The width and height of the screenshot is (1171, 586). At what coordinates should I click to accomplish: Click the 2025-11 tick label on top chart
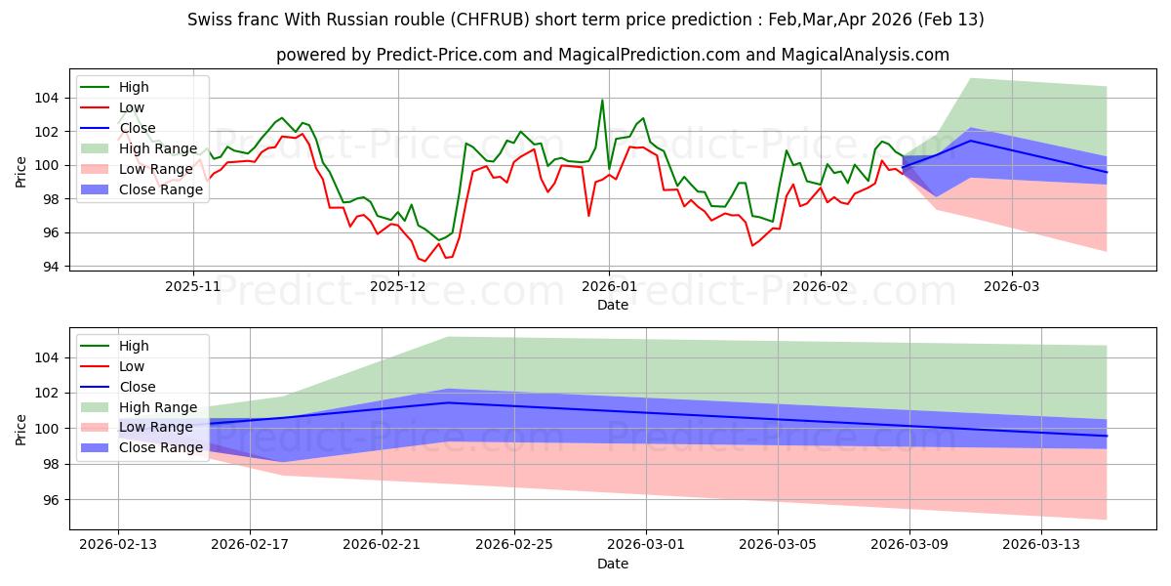193,287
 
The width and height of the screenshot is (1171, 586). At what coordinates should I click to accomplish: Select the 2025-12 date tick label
398,287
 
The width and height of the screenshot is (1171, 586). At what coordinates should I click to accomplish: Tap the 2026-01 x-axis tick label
609,287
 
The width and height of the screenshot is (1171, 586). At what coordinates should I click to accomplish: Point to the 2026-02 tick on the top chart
820,287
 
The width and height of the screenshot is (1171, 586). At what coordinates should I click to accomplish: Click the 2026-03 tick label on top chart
1011,287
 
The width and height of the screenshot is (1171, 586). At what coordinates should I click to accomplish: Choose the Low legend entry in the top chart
132,107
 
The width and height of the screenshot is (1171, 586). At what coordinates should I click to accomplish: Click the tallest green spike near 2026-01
602,100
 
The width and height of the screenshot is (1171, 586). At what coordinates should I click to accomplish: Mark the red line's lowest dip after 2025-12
424,261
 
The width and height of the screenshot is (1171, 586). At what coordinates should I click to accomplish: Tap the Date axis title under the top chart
613,305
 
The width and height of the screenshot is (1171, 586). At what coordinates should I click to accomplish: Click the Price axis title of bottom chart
21,429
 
